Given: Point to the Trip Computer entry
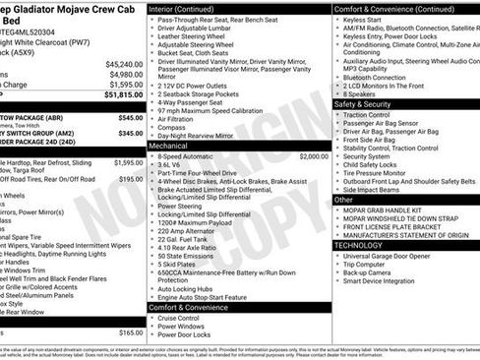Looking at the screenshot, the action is pyautogui.click(x=370, y=264).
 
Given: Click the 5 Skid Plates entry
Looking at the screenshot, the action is pyautogui.click(x=178, y=265).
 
